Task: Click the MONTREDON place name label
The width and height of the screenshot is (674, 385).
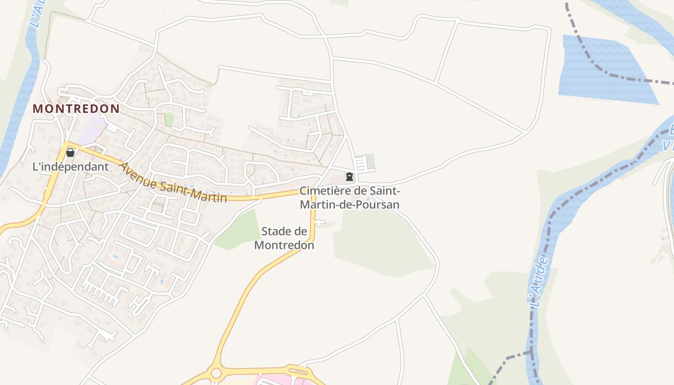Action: click(76, 109)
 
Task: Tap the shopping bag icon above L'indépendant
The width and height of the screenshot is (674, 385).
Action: click(70, 153)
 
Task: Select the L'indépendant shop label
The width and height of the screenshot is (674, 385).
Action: click(70, 167)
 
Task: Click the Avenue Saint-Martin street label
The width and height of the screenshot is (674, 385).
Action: click(173, 183)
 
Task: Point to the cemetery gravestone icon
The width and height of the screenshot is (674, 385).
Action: click(350, 177)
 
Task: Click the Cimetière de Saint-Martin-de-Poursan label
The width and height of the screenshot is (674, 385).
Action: click(350, 197)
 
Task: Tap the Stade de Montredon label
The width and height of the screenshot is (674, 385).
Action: click(284, 238)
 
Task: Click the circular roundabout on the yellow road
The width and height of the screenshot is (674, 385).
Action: click(216, 373)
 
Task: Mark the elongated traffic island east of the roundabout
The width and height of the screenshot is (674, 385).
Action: click(298, 372)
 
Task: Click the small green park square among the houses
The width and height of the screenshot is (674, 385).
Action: click(169, 119)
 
